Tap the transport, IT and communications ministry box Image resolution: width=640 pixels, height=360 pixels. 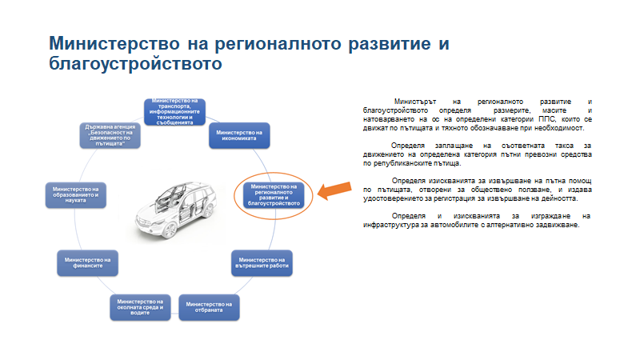tap(174, 111)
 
